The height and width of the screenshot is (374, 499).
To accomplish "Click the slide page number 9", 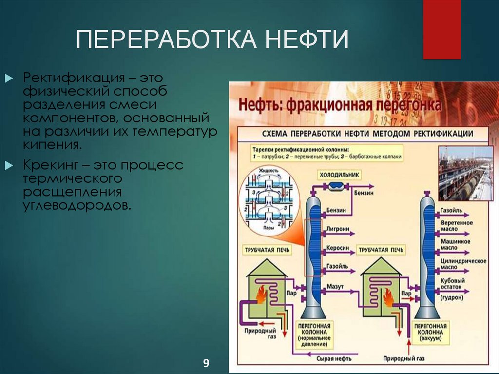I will click(206, 363).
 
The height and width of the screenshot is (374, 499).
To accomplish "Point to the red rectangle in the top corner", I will click(441, 29).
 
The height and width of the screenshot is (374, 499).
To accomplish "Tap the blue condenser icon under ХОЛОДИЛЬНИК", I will click(336, 186).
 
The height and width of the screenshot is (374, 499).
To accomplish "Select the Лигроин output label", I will click(337, 228).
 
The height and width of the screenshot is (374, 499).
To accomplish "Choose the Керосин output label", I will click(338, 248).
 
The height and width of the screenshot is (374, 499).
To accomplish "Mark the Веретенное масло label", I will click(456, 226).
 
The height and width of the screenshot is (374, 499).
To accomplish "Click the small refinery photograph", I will click(465, 173).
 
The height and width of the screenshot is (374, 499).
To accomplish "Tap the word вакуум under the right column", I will click(429, 338).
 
